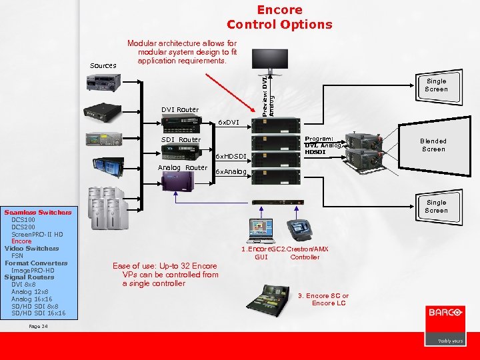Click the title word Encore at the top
279,10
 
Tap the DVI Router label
179,109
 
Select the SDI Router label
181,139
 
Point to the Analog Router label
182,167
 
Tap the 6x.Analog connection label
231,172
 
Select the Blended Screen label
433,145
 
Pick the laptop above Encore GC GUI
259,230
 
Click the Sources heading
103,65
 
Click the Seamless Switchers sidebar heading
37,212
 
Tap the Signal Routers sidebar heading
29,277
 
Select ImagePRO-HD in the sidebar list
33,270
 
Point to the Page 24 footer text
39,326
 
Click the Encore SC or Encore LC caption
323,299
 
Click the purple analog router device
173,179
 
